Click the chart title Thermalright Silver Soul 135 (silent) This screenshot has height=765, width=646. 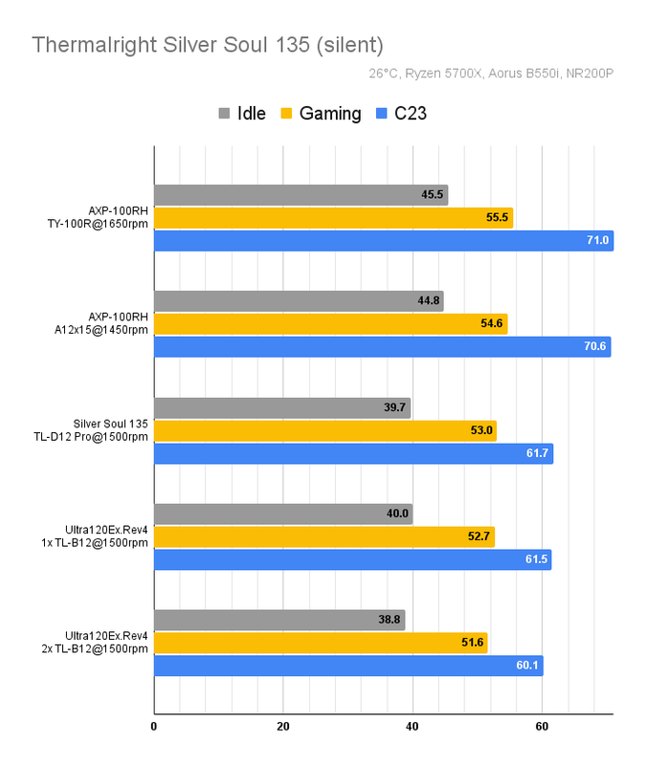[x=207, y=45]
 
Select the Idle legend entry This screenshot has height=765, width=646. [x=242, y=114]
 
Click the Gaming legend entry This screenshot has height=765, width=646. [x=320, y=114]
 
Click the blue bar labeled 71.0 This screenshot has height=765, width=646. [x=383, y=240]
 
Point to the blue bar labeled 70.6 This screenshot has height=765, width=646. [x=382, y=346]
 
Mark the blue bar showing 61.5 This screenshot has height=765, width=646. [x=352, y=559]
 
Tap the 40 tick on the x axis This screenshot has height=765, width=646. [x=412, y=726]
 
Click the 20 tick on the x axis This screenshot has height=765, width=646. [x=283, y=726]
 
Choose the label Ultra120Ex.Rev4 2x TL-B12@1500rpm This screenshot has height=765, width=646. [x=106, y=643]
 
